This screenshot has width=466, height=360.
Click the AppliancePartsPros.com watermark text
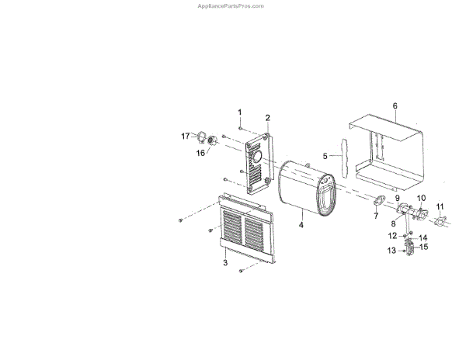point(231,5)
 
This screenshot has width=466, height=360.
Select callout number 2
point(267,118)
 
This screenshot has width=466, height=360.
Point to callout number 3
point(225,264)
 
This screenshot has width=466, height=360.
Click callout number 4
point(301,225)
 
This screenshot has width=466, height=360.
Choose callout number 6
point(395,105)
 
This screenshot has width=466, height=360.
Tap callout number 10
point(423,199)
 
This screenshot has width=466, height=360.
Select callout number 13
point(391,250)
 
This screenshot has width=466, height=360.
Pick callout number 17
point(186,136)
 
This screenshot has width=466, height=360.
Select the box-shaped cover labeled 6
point(388,151)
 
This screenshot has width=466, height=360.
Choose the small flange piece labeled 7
point(380,201)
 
